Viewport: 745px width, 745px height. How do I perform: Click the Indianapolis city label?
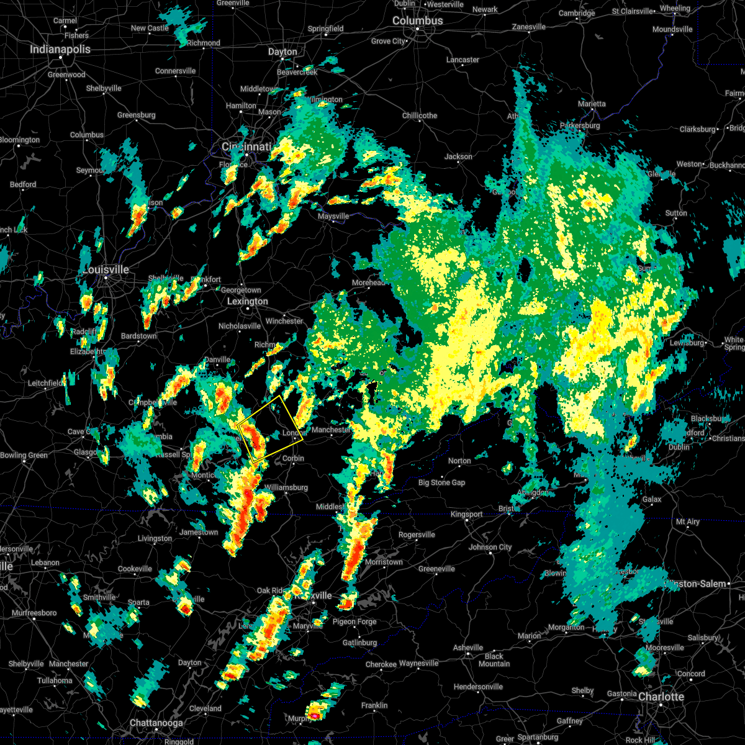(60, 49)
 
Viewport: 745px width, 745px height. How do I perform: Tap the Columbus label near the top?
(418, 20)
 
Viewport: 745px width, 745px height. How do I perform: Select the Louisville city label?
(106, 269)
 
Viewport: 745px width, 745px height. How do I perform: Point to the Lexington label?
(248, 301)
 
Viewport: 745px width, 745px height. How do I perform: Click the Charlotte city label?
(661, 697)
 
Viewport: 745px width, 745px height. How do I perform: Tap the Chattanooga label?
(156, 723)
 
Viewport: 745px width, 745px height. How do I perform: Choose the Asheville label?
(468, 648)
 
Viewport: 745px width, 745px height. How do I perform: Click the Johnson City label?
(490, 547)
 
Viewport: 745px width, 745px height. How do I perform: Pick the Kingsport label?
(466, 514)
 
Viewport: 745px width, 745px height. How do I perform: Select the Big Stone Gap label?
(441, 482)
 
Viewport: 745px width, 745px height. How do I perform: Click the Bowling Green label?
(24, 455)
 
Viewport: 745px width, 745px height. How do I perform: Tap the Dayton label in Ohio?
(282, 52)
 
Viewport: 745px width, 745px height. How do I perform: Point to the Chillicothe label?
(420, 115)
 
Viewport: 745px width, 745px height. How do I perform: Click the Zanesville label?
(528, 27)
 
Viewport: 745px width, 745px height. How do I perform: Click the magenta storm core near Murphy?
(315, 716)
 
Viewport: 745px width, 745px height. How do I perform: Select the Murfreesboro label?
(34, 613)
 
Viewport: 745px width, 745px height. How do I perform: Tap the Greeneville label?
(436, 569)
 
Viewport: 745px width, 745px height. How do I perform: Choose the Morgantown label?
(566, 627)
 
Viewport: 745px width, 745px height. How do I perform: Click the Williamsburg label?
(286, 487)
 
